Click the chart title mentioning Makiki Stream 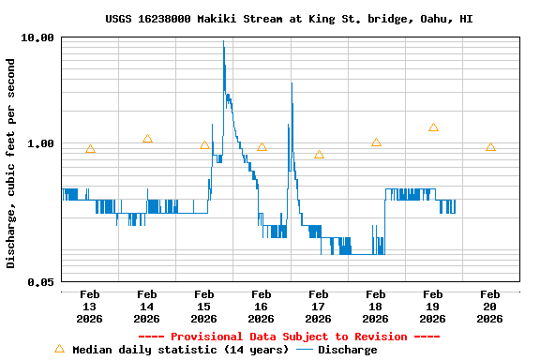(289, 19)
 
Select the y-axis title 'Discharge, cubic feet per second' (11, 163)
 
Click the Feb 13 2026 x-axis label (90, 307)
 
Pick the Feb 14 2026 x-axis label (147, 307)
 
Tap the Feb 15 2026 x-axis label (204, 307)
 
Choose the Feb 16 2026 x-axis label (262, 307)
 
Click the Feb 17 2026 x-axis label (319, 307)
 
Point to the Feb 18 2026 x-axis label (376, 307)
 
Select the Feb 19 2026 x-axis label (433, 307)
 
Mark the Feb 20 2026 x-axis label (490, 307)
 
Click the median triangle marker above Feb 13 (90, 149)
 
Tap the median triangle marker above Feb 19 (433, 127)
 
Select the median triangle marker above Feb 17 (319, 155)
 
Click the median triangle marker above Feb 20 (490, 147)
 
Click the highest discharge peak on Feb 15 (223, 41)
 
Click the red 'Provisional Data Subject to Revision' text (289, 337)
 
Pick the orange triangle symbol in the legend (59, 349)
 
